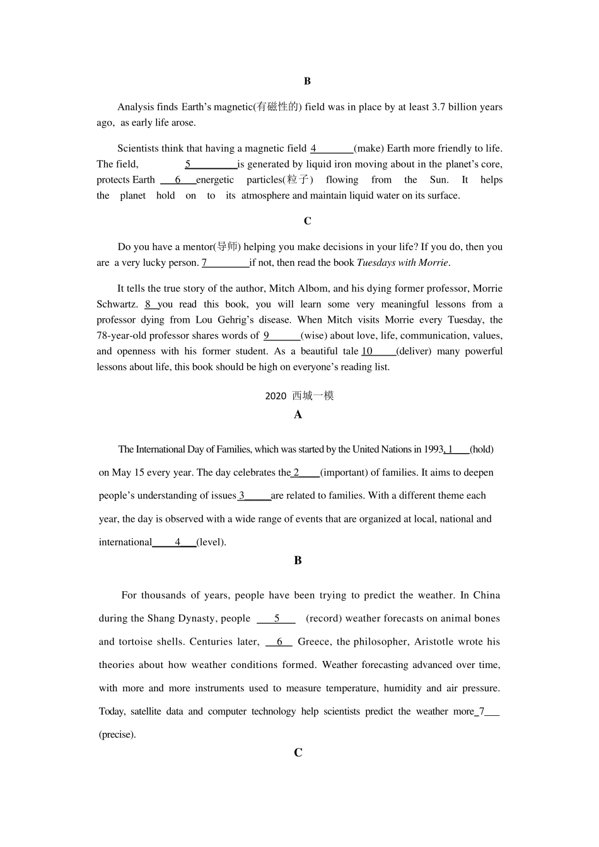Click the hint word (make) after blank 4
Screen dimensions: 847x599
pyautogui.click(x=369, y=149)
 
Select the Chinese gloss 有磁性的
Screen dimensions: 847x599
pyautogui.click(x=277, y=107)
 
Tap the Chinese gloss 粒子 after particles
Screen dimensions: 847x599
pyautogui.click(x=297, y=180)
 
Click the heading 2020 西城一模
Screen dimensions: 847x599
pyautogui.click(x=299, y=396)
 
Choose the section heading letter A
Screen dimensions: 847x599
pyautogui.click(x=298, y=415)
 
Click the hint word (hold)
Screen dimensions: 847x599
pyautogui.click(x=482, y=449)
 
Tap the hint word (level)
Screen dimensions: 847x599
pyautogui.click(x=211, y=542)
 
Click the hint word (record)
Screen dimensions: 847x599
pyautogui.click(x=324, y=619)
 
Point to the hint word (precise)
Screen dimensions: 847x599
pyautogui.click(x=117, y=735)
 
